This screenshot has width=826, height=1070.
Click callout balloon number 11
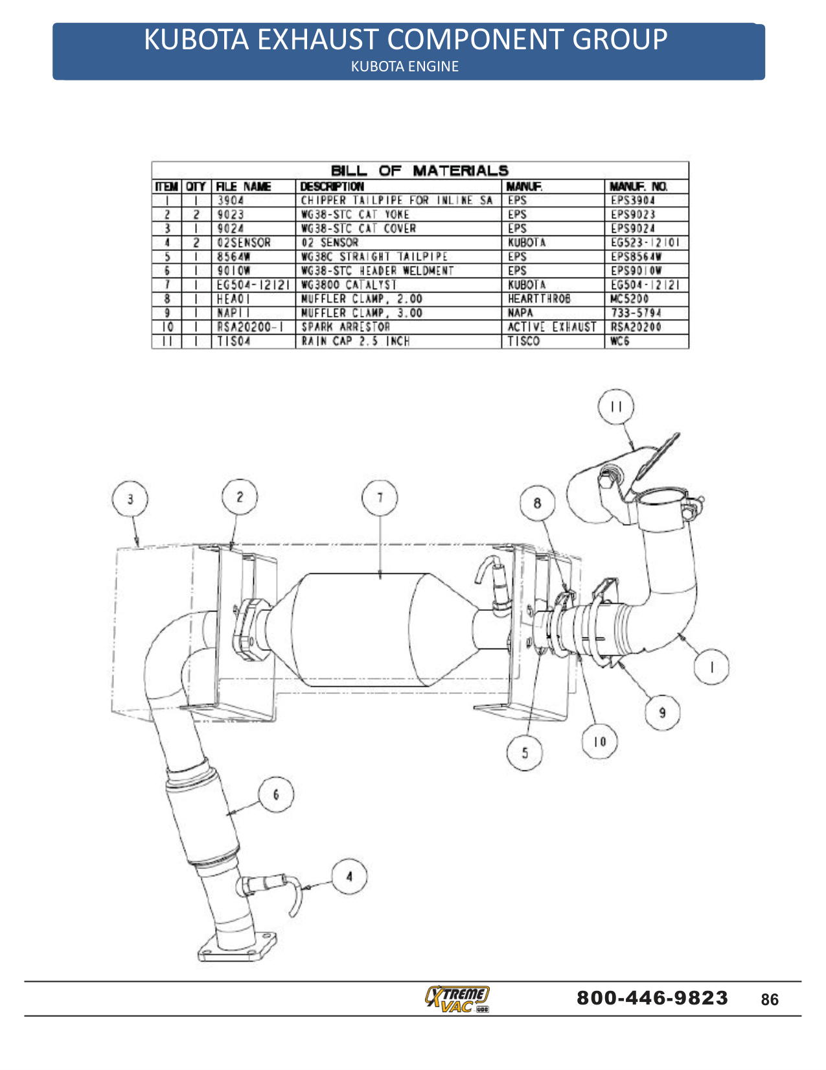point(615,407)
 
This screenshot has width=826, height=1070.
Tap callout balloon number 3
point(130,499)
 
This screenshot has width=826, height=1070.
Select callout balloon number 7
point(380,497)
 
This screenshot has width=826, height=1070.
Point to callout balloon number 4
point(349,877)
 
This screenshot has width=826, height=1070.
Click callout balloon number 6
point(276,794)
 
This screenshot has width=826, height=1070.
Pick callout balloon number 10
point(599,741)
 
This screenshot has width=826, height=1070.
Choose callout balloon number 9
point(662,713)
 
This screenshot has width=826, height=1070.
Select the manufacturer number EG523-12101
point(645,243)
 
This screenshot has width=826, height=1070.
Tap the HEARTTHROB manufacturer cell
point(539,299)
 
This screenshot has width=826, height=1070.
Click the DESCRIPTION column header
point(332,187)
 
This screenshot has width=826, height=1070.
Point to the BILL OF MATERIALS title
point(419,171)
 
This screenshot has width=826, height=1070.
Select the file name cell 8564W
point(233,257)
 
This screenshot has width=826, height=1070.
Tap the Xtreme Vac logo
point(457,998)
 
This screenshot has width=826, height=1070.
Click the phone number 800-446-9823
point(652,997)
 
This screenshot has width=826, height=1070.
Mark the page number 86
point(770,999)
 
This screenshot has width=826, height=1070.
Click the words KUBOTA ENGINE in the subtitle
point(404,66)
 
